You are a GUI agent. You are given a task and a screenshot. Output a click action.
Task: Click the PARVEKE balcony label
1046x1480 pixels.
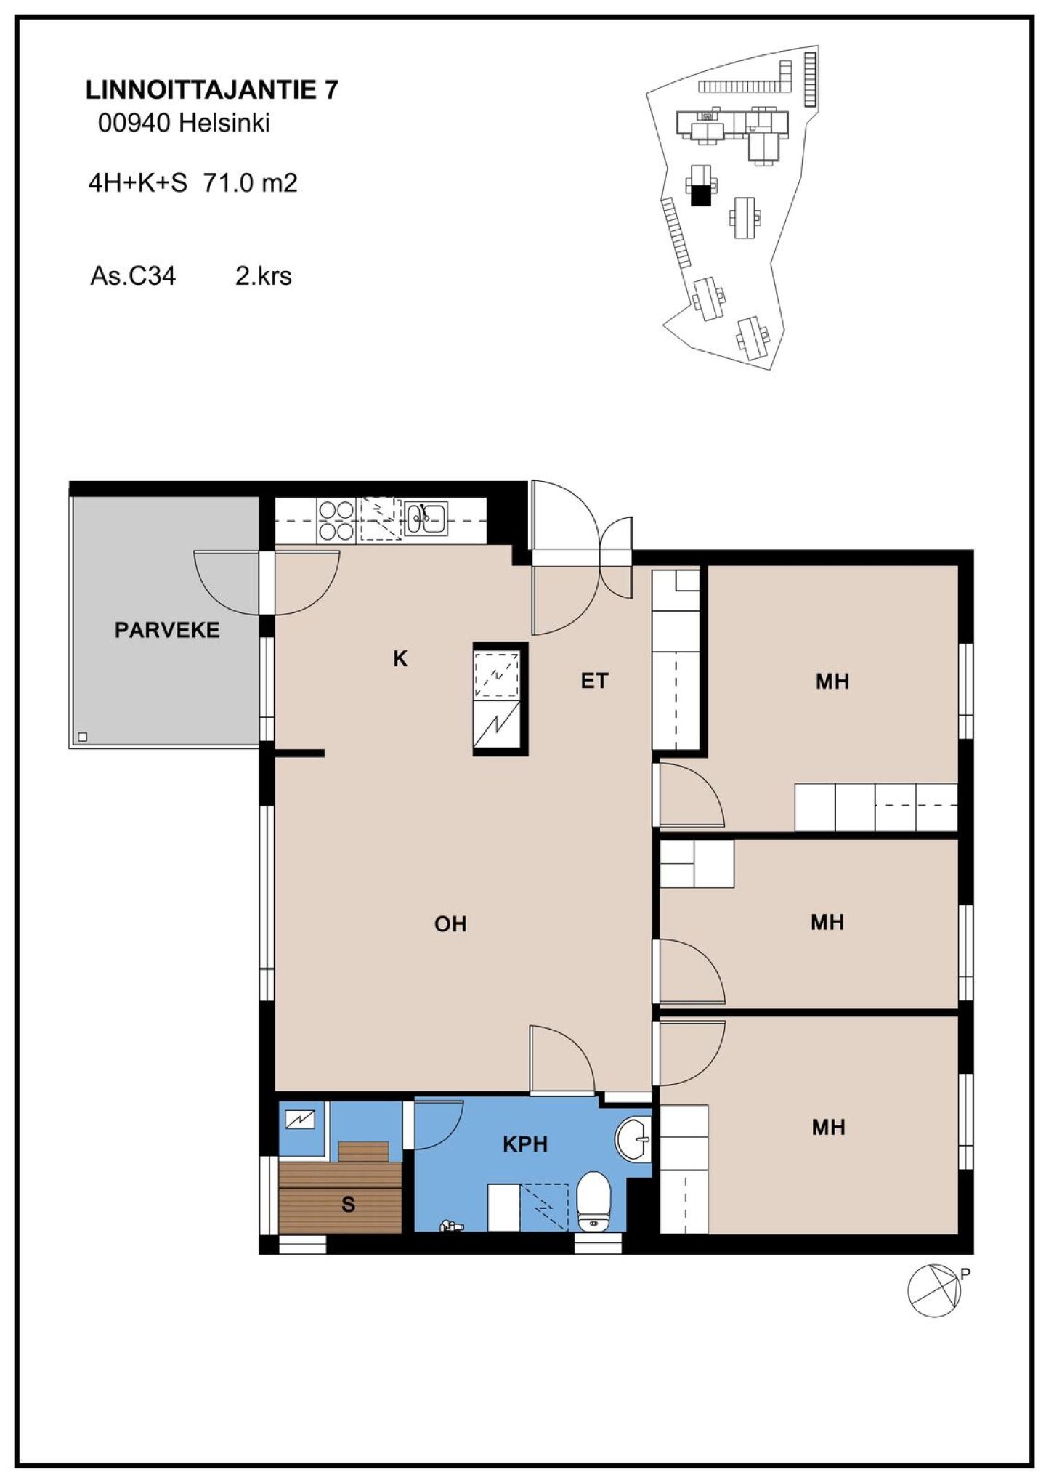click(x=167, y=630)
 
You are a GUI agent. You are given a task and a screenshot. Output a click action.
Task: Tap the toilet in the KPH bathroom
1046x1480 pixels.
click(x=593, y=1202)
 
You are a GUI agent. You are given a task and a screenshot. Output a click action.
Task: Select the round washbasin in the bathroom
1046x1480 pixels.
click(x=633, y=1139)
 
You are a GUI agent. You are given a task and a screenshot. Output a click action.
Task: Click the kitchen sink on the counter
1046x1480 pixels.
click(x=426, y=518)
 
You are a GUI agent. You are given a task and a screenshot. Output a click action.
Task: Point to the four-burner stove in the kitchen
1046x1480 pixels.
click(x=336, y=521)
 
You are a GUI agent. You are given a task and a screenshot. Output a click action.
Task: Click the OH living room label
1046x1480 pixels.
click(x=450, y=924)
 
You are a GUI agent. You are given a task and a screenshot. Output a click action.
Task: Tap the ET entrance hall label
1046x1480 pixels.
click(x=594, y=681)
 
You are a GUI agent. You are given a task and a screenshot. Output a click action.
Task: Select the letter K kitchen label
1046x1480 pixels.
click(x=400, y=659)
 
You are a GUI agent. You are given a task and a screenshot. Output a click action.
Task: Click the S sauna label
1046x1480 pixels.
click(x=349, y=1205)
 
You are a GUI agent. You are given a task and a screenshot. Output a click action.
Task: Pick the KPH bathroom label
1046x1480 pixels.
click(x=525, y=1144)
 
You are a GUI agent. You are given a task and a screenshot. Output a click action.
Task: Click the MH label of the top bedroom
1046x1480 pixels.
click(x=832, y=682)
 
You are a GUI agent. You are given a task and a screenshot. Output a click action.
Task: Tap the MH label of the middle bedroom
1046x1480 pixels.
click(x=828, y=923)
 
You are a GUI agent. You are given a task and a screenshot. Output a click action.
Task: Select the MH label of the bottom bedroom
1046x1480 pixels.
click(x=829, y=1127)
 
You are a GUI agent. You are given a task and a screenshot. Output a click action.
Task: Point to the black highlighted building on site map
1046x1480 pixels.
click(x=700, y=195)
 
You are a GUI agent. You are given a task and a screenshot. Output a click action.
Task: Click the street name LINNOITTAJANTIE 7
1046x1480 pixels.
click(x=212, y=90)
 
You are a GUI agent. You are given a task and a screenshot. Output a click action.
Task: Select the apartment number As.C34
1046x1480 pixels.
click(x=133, y=276)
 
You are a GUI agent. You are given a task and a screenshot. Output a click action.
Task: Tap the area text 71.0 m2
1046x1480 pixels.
click(x=251, y=182)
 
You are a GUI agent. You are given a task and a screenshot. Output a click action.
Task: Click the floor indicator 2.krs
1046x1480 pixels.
click(x=264, y=276)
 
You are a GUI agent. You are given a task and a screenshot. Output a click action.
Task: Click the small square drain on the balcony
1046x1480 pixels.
click(x=82, y=737)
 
